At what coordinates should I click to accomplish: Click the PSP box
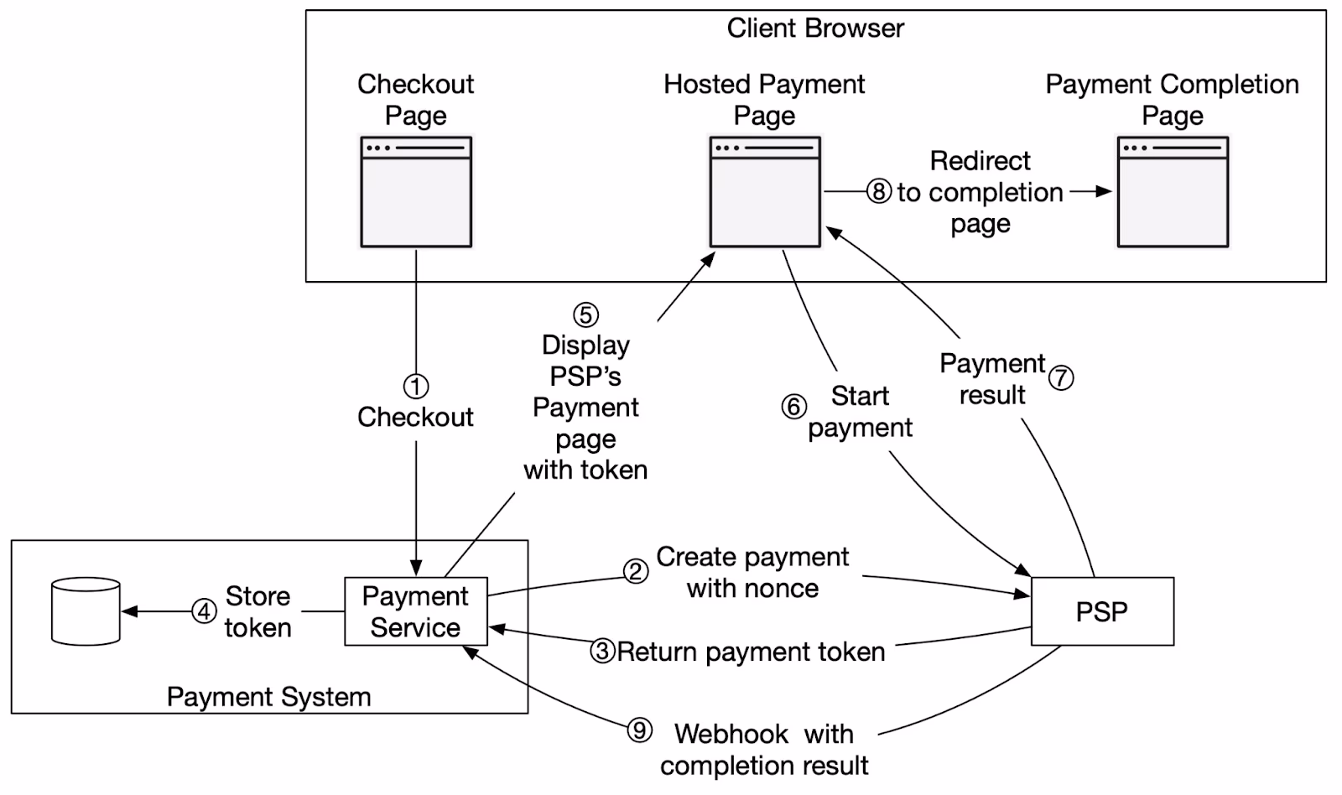point(1101,611)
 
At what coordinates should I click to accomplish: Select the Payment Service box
point(415,611)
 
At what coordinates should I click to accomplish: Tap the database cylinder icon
point(86,611)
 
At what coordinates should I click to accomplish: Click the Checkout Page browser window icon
point(416,192)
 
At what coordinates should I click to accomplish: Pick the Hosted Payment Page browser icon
point(765,192)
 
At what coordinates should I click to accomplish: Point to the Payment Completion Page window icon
point(1173,192)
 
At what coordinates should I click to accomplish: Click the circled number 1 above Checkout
point(416,387)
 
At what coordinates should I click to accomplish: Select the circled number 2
point(636,571)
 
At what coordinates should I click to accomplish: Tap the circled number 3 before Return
point(602,651)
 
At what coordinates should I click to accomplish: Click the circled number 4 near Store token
point(204,611)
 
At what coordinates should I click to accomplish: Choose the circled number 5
point(585,314)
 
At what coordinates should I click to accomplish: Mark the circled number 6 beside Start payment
point(793,407)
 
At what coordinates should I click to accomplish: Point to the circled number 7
point(1061,377)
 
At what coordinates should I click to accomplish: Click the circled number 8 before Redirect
point(878,191)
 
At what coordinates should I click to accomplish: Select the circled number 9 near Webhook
point(640,730)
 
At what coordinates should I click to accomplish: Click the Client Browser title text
point(815,29)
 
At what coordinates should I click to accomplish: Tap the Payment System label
point(268,697)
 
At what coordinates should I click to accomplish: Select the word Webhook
point(731,734)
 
